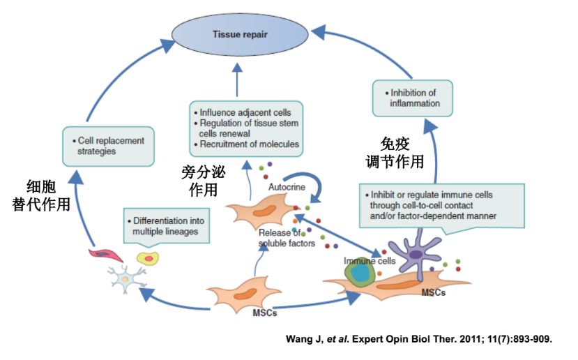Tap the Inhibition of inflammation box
pyautogui.click(x=412, y=98)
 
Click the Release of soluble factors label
pyautogui.click(x=287, y=238)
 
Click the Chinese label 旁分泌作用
pyautogui.click(x=203, y=180)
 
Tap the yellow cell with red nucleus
pyautogui.click(x=148, y=258)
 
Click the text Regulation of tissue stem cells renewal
pyautogui.click(x=248, y=128)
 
